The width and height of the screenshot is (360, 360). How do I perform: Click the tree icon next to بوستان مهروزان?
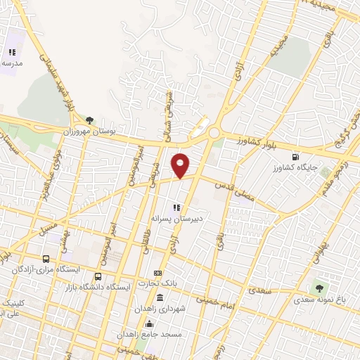point(89,120)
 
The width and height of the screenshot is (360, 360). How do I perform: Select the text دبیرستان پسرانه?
point(177,219)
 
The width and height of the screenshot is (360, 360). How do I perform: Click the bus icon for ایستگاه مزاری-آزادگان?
point(46,259)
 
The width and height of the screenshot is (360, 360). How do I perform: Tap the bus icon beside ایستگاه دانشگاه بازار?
point(97,276)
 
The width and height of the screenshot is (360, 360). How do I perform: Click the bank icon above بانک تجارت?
point(157,273)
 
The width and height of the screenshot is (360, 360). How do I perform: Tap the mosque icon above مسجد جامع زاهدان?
point(149,323)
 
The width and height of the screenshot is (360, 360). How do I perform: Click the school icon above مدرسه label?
point(11,52)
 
